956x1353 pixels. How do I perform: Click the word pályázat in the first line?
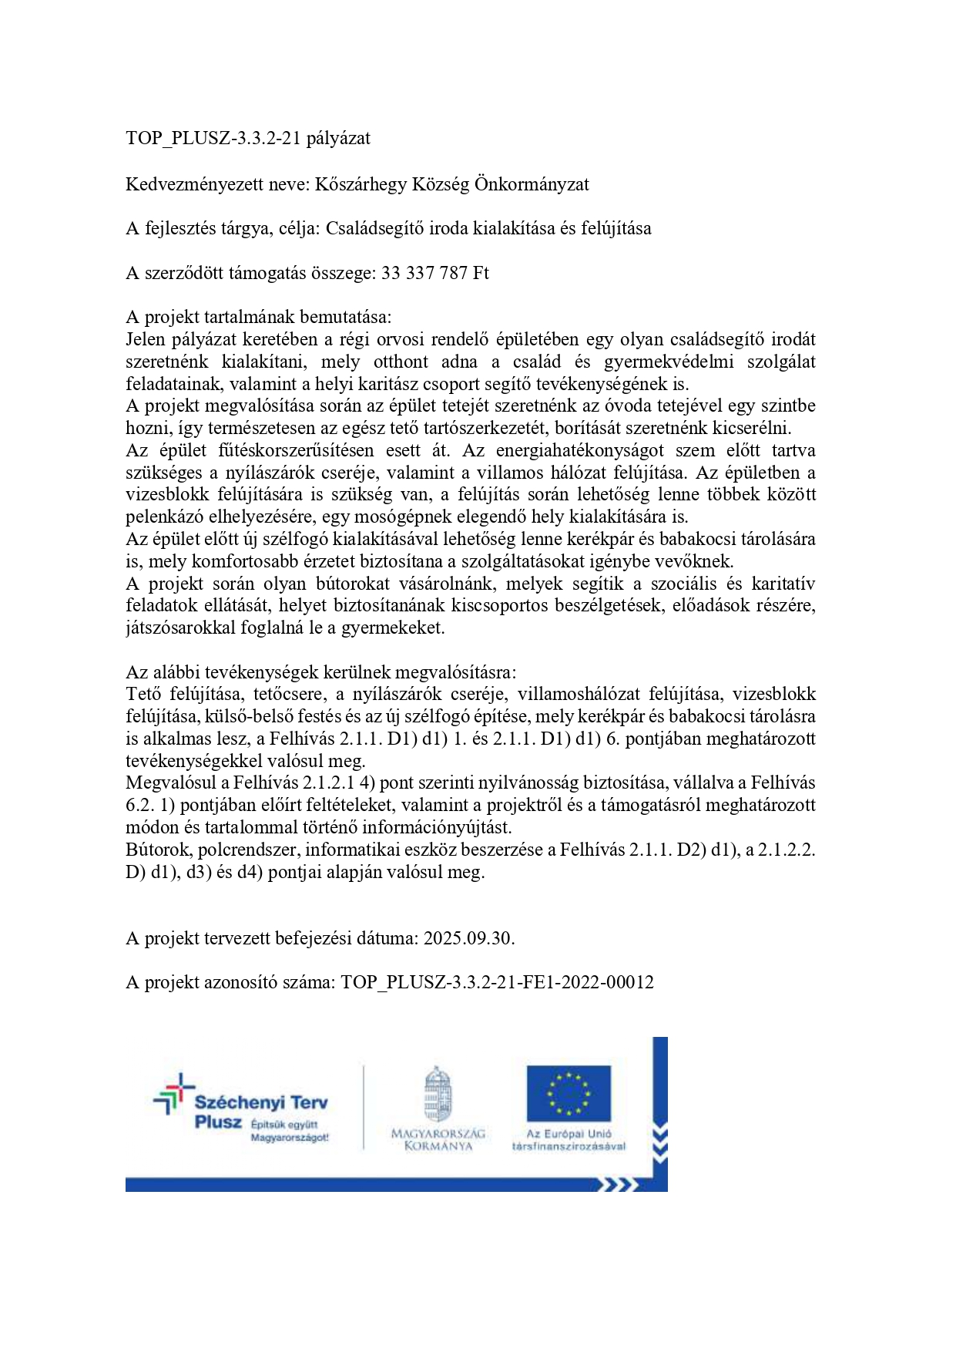[338, 139]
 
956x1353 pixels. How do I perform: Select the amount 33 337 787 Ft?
[435, 273]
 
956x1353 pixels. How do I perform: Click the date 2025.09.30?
[469, 938]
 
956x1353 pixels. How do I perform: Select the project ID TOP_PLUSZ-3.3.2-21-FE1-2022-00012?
[498, 983]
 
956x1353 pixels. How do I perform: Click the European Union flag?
[569, 1093]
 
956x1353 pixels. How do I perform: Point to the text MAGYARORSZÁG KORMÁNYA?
[438, 1139]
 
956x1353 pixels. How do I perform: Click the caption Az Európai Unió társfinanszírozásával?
[569, 1139]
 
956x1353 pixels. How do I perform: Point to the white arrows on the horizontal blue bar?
[619, 1184]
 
